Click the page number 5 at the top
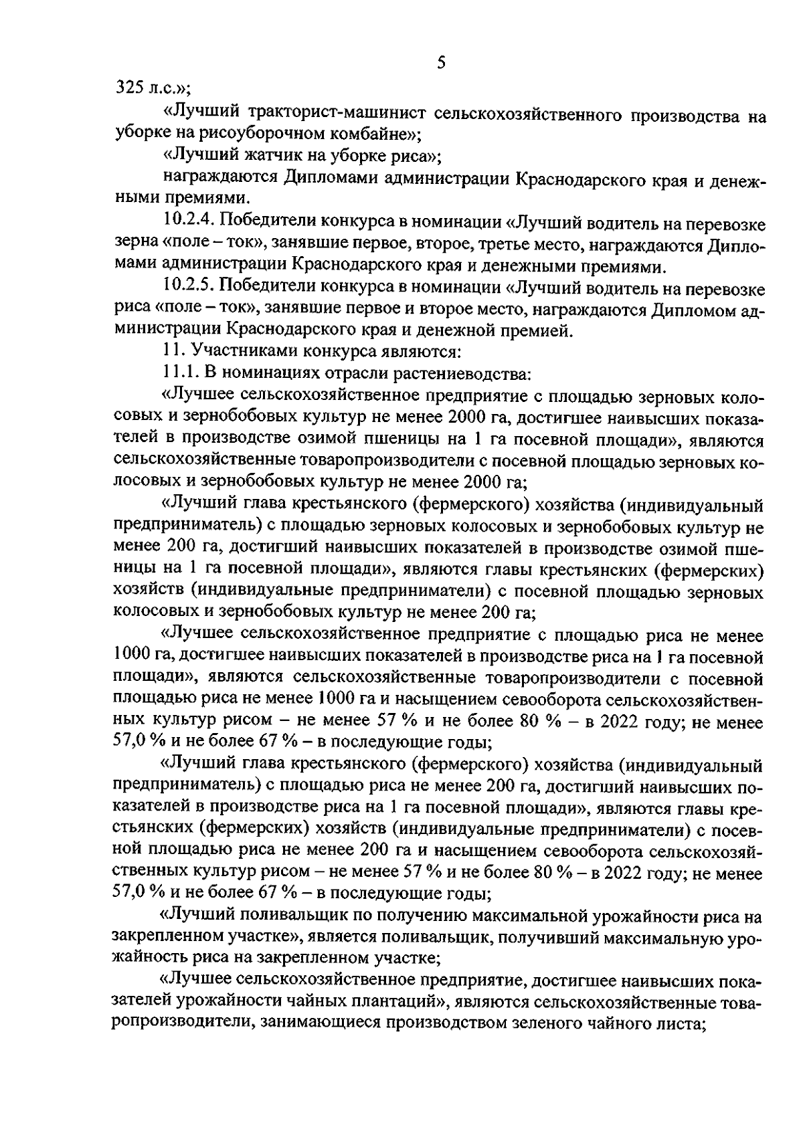point(440,63)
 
